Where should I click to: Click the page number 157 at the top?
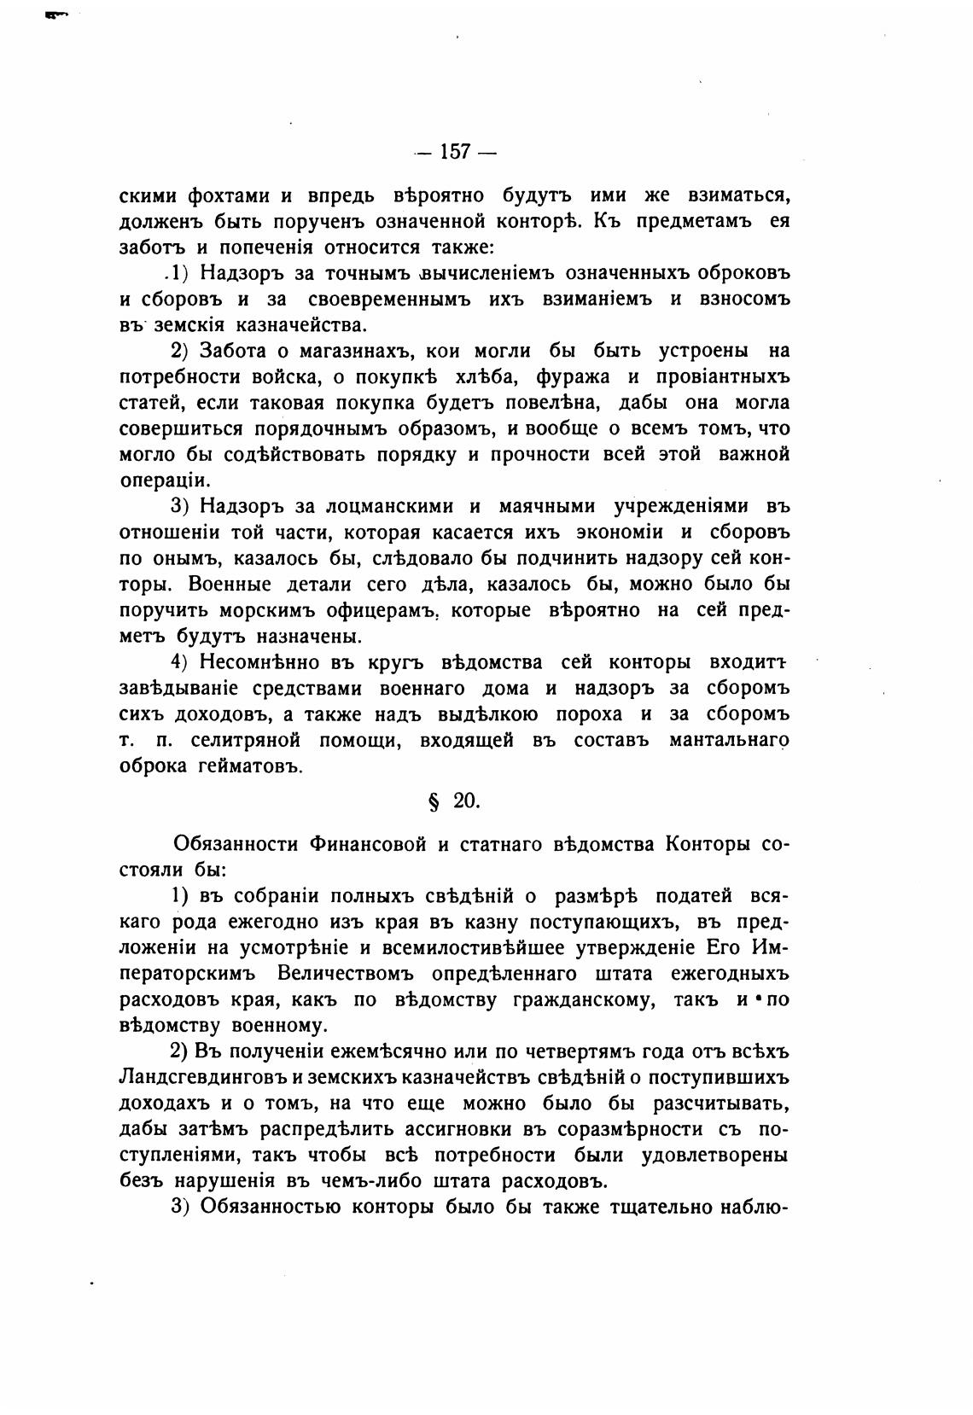[455, 153]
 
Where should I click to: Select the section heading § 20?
[454, 801]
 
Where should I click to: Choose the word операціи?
[166, 481]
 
